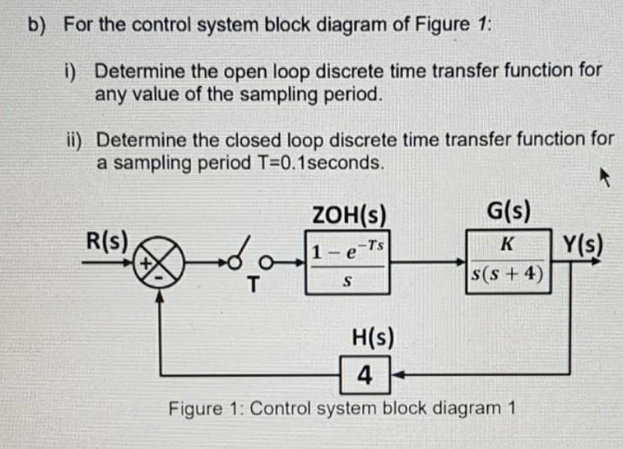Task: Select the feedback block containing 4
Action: (x=366, y=377)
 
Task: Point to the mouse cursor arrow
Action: (x=604, y=180)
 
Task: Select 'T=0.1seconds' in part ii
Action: (x=318, y=163)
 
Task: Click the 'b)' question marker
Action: (x=37, y=24)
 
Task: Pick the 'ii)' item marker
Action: (x=77, y=141)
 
